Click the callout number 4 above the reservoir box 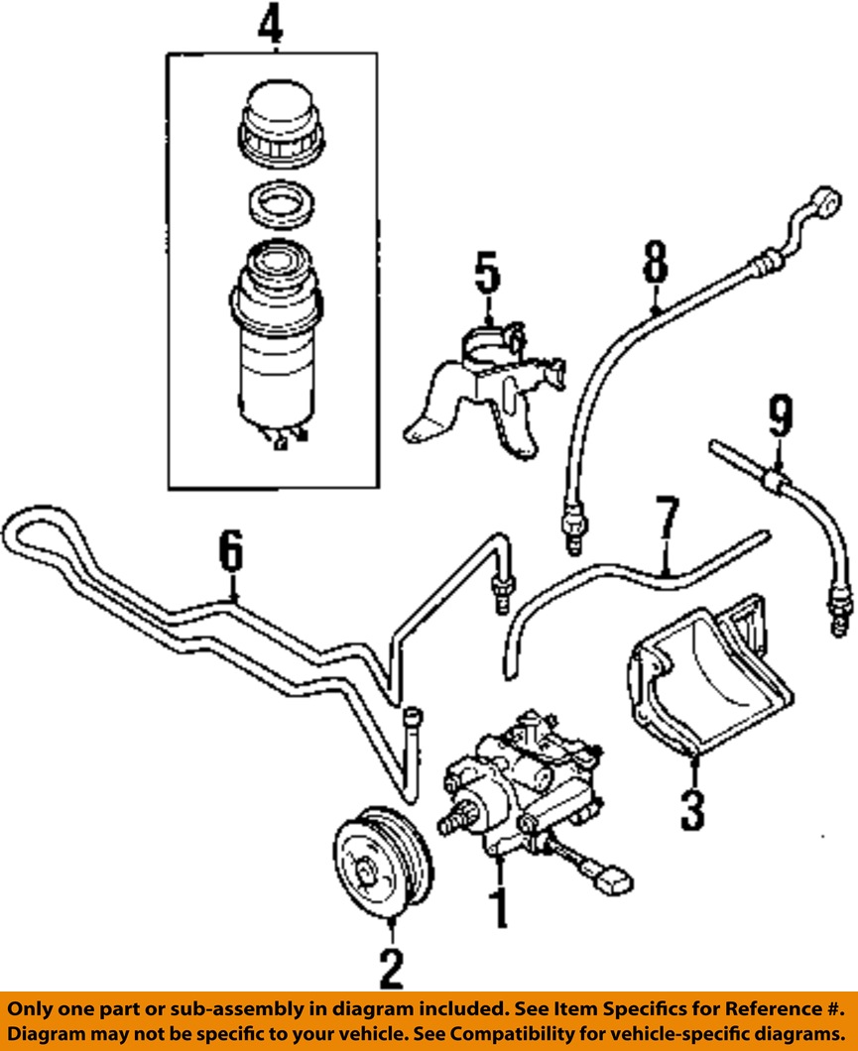271,25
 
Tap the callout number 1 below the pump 500,907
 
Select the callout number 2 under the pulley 391,968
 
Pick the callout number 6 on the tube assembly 230,553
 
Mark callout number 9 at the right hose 781,417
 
